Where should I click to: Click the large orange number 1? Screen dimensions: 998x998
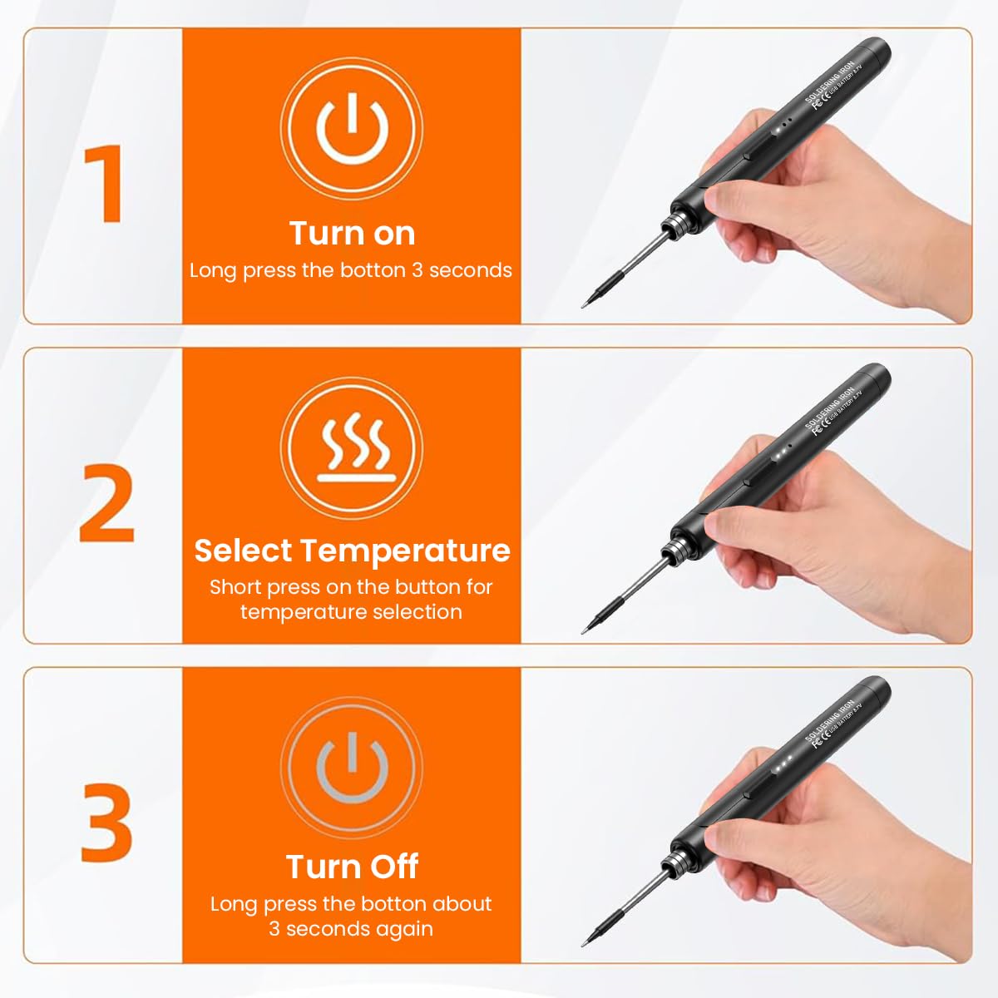tap(105, 183)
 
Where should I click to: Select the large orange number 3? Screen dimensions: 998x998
tap(106, 822)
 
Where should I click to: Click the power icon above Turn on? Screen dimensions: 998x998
tap(352, 127)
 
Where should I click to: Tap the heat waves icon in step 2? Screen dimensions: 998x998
tap(352, 448)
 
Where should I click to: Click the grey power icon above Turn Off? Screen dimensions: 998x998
tap(352, 767)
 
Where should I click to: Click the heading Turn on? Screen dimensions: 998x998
tap(352, 234)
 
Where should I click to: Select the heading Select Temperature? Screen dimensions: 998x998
tap(352, 551)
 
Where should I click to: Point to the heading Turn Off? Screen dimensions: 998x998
tap(352, 867)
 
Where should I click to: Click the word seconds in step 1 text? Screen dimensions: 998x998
tap(470, 270)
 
